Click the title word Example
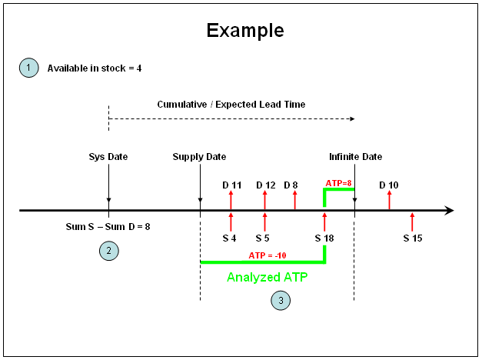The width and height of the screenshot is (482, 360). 245,31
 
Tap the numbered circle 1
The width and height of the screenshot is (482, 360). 29,68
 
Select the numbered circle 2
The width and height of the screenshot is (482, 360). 109,251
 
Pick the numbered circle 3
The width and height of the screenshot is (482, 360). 281,300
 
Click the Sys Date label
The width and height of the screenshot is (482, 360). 108,157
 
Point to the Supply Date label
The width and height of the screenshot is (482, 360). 199,157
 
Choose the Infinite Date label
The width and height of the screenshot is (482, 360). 356,157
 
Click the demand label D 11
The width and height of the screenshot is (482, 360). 232,185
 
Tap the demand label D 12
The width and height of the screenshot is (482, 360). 266,185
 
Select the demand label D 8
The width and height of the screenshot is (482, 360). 291,185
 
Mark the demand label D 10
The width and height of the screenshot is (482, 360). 389,185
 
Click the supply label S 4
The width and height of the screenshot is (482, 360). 229,238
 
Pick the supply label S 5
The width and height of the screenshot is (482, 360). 262,238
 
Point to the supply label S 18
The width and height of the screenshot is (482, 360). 324,238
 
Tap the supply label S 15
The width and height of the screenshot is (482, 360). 413,238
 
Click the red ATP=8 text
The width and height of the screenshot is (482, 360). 338,183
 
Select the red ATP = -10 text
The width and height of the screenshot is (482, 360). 268,255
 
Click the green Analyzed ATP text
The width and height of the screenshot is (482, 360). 267,277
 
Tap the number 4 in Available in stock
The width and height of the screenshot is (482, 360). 139,68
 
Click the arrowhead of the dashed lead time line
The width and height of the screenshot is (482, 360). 353,118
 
